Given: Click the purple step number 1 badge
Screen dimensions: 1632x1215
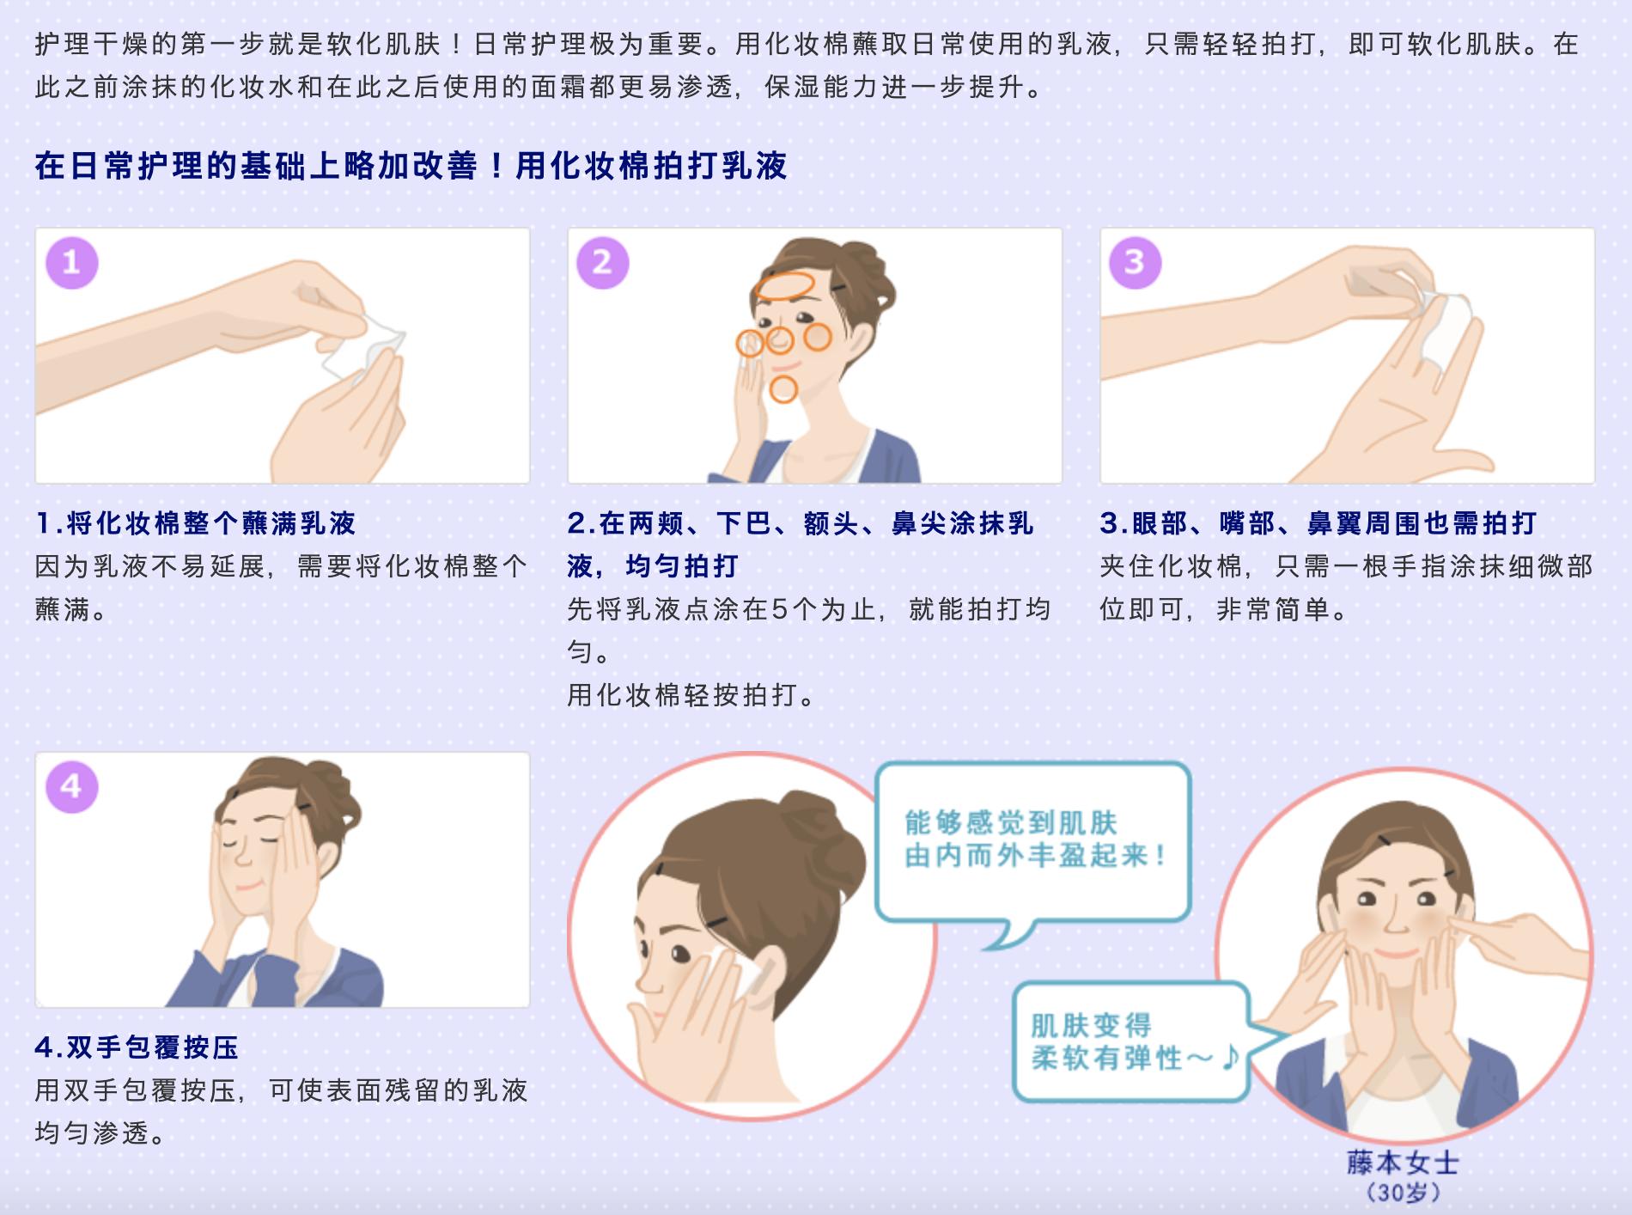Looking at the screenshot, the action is [71, 262].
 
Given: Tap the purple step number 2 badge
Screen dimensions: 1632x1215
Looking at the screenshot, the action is [602, 262].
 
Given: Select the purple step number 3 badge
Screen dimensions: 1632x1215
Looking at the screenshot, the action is [1135, 262].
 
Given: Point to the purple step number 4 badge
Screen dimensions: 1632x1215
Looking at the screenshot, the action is [71, 786].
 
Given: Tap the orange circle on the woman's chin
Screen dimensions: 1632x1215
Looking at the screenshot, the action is [783, 389].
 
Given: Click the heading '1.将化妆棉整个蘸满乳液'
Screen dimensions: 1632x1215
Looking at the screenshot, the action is [196, 522].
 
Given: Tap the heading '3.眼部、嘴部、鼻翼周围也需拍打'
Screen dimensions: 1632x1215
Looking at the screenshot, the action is [1318, 522].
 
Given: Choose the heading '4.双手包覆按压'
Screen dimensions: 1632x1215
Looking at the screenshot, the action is [137, 1047].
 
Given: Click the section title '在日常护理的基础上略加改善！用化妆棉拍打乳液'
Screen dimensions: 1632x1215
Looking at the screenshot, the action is [411, 165].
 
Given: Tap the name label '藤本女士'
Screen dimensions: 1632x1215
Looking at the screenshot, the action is [1404, 1163].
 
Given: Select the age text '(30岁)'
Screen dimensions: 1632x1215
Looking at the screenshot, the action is [1404, 1193].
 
